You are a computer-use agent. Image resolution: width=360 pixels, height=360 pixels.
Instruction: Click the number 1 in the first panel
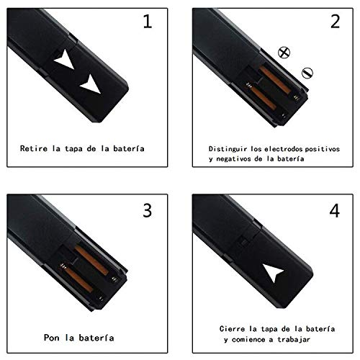click(x=148, y=22)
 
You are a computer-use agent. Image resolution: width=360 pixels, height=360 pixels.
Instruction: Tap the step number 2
click(x=334, y=22)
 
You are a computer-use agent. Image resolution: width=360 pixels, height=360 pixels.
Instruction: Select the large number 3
click(x=148, y=212)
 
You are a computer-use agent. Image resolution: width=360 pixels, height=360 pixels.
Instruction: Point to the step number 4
click(x=334, y=212)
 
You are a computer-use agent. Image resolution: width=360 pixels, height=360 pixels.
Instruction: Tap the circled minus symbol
click(x=307, y=71)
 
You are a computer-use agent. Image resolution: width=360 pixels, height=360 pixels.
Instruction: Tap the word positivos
click(x=322, y=145)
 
